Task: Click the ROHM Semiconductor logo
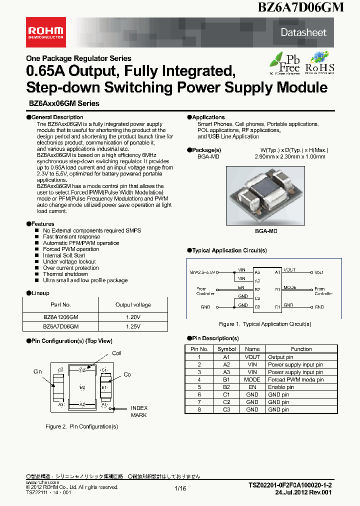tap(45, 32)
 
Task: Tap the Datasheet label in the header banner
tap(303, 32)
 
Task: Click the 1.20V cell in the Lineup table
tap(133, 316)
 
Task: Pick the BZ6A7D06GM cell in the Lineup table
tap(60, 326)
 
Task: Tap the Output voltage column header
tap(133, 304)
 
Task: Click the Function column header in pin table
tap(301, 349)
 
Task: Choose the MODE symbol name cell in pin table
tap(252, 379)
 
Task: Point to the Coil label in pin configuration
tap(116, 353)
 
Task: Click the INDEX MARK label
tap(139, 411)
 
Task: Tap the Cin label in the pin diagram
tap(38, 371)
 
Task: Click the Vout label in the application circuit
tap(319, 272)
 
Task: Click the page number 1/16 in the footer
tap(180, 488)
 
